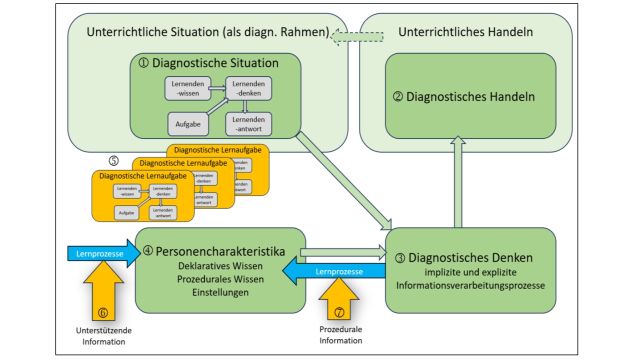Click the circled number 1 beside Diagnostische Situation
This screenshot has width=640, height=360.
(x=143, y=63)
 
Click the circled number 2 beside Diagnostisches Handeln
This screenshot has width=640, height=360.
(x=398, y=97)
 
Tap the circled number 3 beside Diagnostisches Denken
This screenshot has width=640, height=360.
(x=400, y=258)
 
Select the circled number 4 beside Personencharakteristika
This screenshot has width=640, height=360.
(x=148, y=251)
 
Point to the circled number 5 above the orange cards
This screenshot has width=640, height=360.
(x=114, y=160)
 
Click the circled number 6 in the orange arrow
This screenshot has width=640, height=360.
(x=103, y=312)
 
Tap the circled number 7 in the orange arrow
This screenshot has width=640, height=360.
(x=339, y=312)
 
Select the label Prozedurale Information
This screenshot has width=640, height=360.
(x=341, y=335)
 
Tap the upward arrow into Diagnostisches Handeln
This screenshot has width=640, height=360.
(x=457, y=182)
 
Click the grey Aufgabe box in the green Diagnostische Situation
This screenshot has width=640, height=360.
(x=188, y=124)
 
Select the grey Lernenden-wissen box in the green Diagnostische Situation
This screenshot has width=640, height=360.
(x=188, y=88)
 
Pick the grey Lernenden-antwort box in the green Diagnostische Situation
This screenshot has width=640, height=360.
(x=248, y=124)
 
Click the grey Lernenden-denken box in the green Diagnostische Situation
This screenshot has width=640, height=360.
(x=248, y=88)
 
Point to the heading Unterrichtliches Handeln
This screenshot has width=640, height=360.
(x=465, y=32)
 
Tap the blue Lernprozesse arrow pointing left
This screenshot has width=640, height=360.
(x=335, y=271)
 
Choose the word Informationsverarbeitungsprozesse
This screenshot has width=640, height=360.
(x=470, y=285)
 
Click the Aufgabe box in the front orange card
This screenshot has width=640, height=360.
(x=126, y=212)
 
